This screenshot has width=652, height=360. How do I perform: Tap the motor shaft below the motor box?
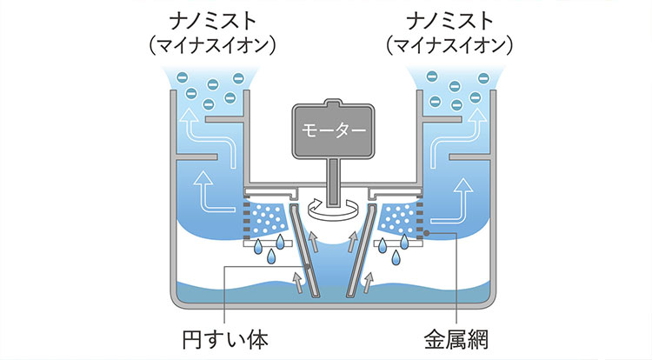point(333,177)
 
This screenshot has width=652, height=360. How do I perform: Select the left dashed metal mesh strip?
point(246,220)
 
